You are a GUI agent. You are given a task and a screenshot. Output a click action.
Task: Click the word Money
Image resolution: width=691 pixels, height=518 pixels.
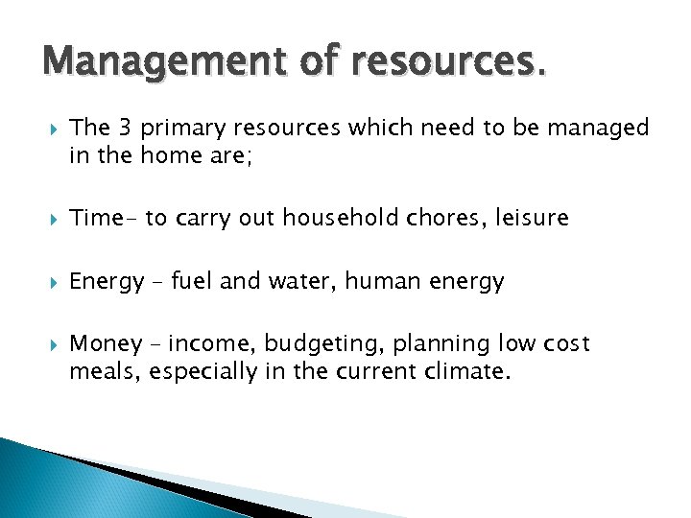click(x=102, y=343)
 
